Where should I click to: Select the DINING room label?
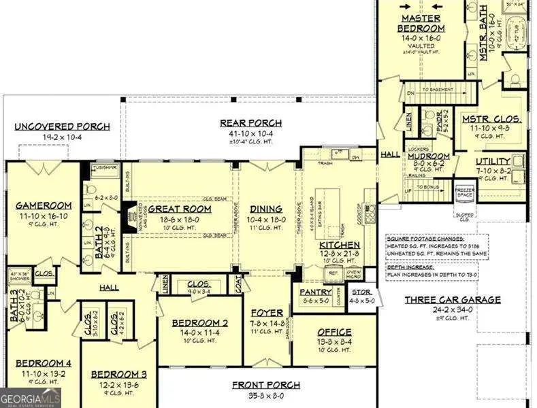(x=263, y=209)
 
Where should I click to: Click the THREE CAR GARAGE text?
(x=462, y=299)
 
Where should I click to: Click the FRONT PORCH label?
(x=266, y=385)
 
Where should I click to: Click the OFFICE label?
(x=334, y=333)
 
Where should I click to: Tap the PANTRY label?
(x=316, y=292)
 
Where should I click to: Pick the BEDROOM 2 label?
(x=199, y=322)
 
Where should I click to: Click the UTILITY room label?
(x=493, y=161)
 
